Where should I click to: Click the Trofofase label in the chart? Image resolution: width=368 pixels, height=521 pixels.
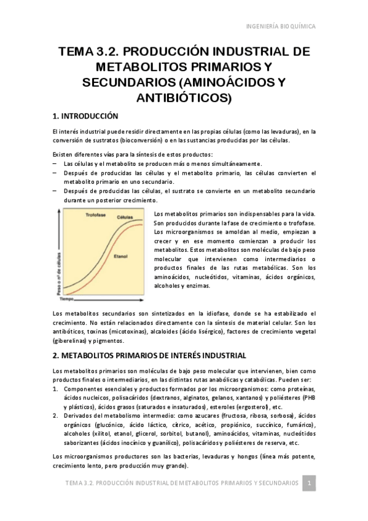(96, 216)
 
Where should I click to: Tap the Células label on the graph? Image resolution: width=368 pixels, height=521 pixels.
(125, 219)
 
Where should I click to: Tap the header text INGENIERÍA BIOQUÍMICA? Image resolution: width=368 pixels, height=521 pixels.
(281, 27)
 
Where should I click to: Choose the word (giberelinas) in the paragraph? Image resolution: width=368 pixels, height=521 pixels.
(70, 340)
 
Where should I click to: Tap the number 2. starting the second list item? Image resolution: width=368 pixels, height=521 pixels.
(57, 416)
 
